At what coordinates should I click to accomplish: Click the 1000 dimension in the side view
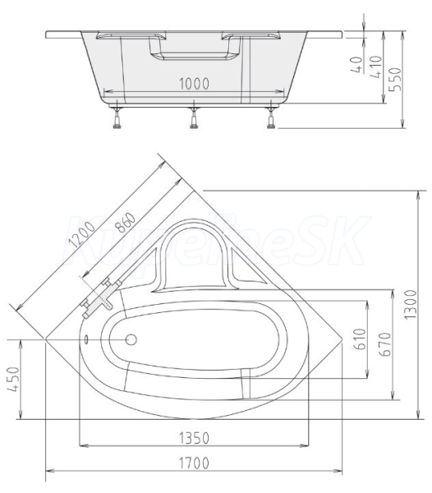coord(194,84)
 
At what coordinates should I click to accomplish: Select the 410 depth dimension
coord(376,67)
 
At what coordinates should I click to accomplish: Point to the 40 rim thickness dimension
coord(356,64)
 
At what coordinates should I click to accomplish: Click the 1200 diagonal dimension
coord(82,234)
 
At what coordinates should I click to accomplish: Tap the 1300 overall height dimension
coord(411,305)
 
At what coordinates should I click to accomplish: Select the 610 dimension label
coord(360,339)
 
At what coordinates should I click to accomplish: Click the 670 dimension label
coord(385,344)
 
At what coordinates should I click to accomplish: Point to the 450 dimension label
coord(13,379)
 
